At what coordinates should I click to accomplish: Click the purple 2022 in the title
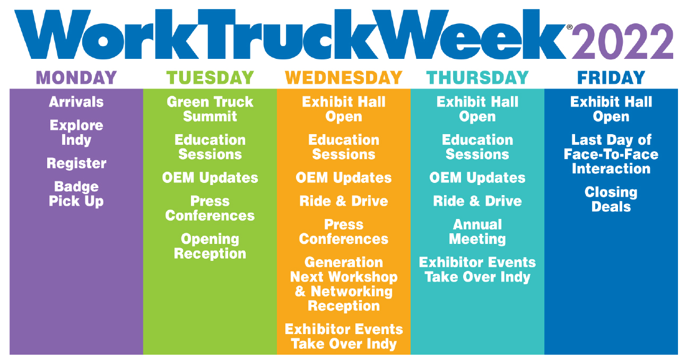coord(623,41)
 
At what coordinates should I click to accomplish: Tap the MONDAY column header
coord(76,77)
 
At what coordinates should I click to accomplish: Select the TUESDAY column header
coord(210,77)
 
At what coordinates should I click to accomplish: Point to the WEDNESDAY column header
coord(344,77)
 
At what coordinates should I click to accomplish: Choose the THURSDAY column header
coord(477,77)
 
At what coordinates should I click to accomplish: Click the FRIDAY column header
coord(611,77)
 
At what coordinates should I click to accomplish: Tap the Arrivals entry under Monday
coord(76,102)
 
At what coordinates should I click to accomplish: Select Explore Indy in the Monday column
coord(76,133)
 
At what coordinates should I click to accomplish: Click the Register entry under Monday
coord(76,163)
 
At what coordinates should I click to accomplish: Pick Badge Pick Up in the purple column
coord(76,194)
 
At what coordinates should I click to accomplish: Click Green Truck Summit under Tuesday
coord(210,109)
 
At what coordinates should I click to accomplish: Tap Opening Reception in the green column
coord(210,247)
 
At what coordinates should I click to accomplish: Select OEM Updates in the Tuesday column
coord(210,178)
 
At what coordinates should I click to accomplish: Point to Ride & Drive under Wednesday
coord(344,201)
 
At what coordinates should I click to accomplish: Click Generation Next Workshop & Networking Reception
coord(344,284)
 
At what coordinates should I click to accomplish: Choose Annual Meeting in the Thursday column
coord(477,232)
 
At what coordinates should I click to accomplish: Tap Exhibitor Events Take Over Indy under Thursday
coord(477,270)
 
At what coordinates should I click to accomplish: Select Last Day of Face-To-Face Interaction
coord(611,154)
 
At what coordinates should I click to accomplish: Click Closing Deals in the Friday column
coord(611,199)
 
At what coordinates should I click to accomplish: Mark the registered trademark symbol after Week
coord(570,27)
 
